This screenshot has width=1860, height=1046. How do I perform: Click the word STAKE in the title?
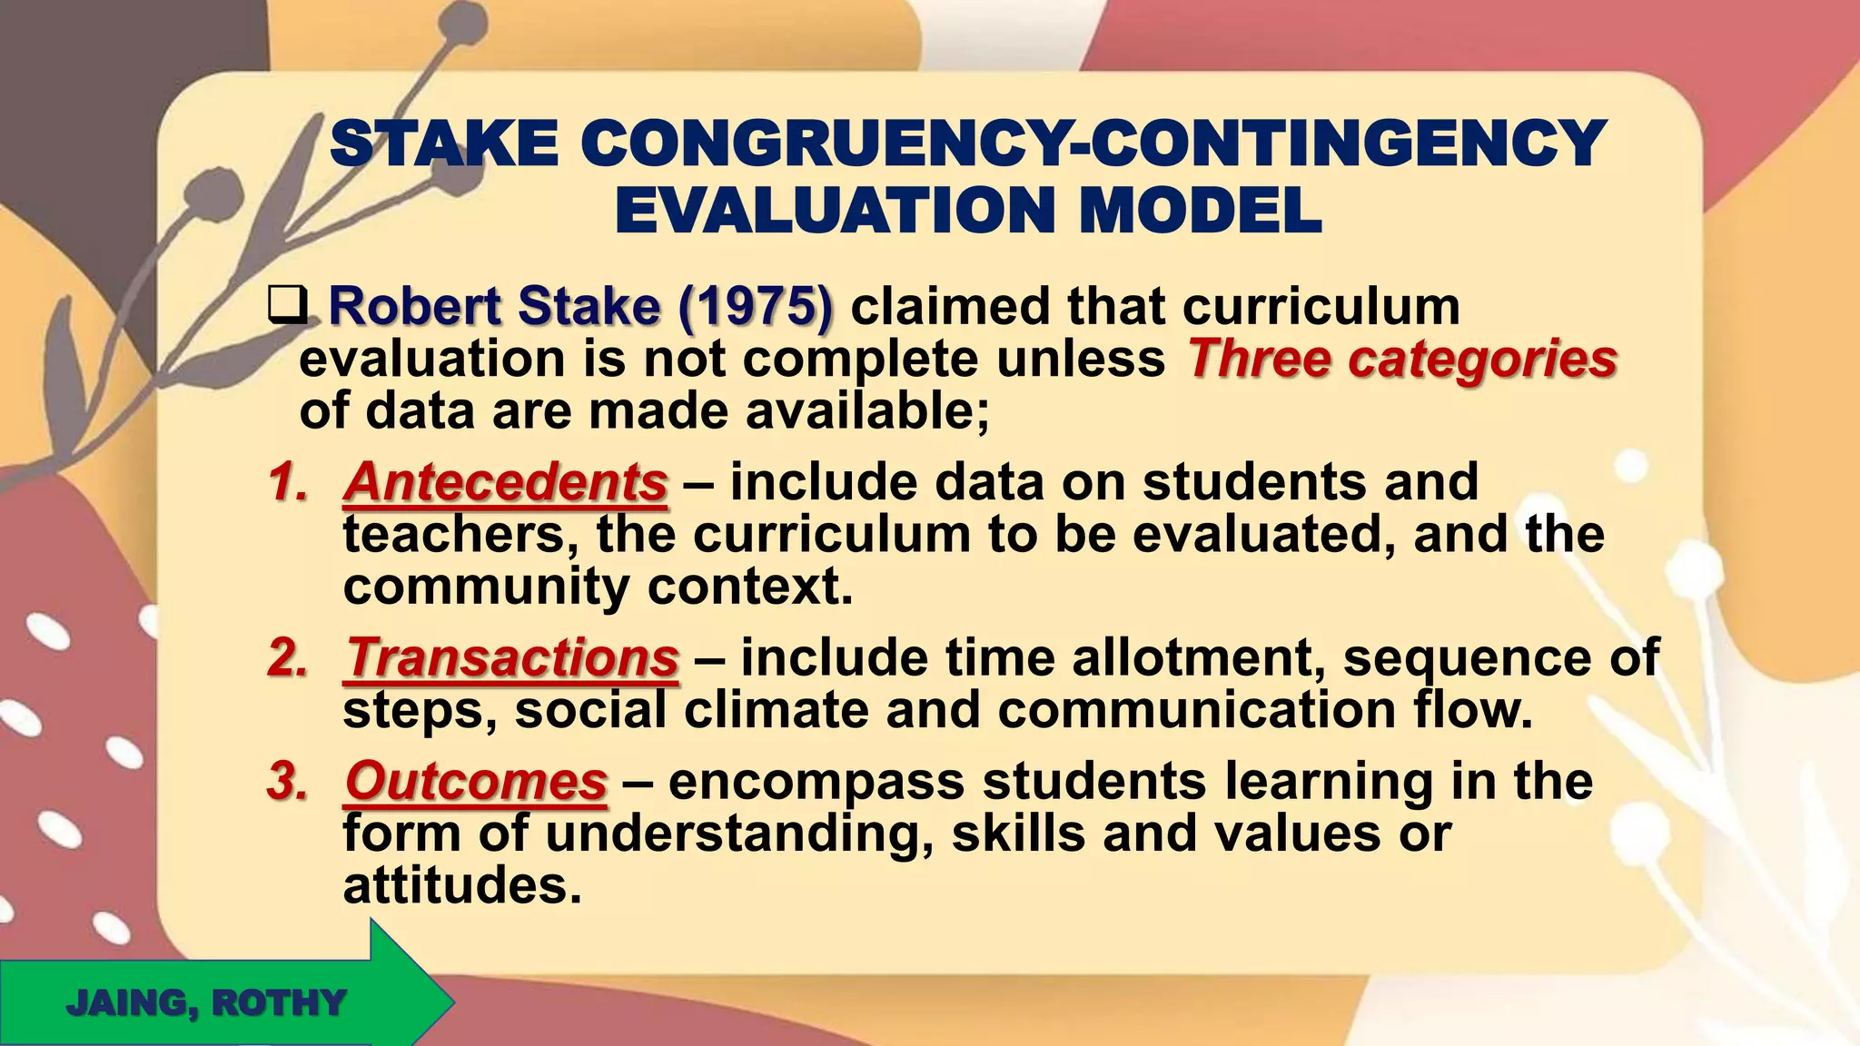click(444, 143)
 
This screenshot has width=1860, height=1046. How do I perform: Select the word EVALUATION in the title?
click(835, 211)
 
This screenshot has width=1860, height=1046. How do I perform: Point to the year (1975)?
click(755, 306)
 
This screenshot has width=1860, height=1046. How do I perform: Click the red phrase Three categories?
click(1402, 358)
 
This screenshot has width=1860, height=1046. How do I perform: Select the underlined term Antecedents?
click(506, 481)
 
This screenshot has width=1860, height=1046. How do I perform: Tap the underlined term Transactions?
click(511, 657)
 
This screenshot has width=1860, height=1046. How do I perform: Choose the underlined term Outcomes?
click(476, 781)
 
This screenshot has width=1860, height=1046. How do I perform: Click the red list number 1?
click(288, 482)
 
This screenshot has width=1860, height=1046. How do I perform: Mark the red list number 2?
click(288, 657)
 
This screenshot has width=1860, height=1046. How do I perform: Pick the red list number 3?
click(288, 781)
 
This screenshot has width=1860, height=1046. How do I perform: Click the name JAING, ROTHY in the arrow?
click(206, 1003)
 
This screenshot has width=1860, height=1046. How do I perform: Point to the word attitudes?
click(461, 885)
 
